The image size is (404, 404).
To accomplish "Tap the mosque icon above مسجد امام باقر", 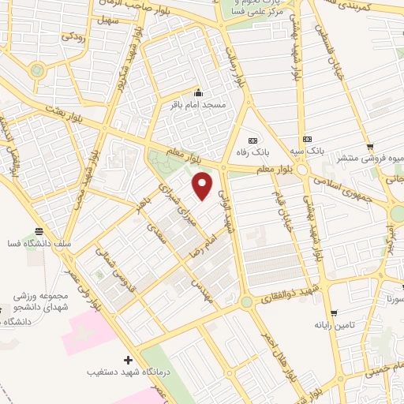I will coord(198,92).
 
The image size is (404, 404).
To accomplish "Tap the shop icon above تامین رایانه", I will coord(332,313).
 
